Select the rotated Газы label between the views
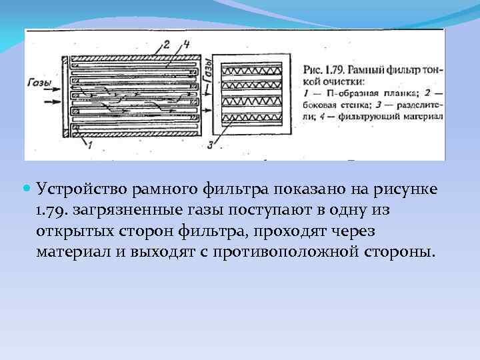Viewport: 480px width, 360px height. (208, 71)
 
